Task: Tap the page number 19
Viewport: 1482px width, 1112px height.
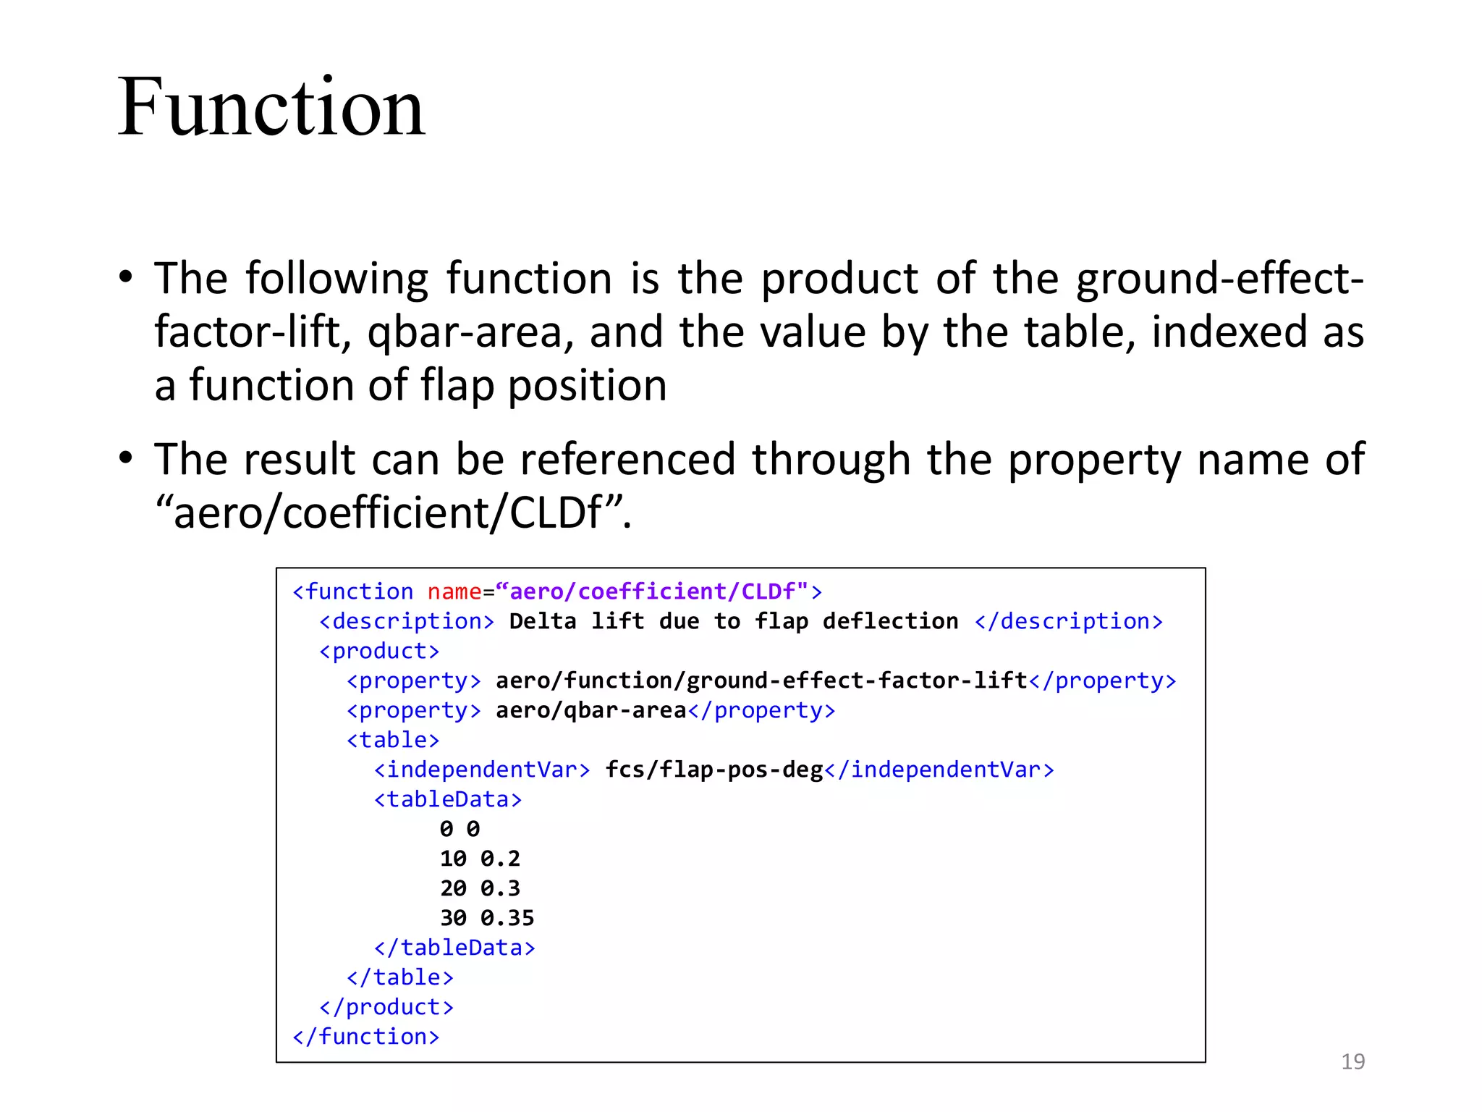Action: [x=1352, y=1061]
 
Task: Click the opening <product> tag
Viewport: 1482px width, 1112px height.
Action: [x=379, y=651]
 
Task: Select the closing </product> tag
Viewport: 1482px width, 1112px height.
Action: [x=386, y=1007]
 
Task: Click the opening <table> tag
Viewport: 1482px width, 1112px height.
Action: [x=393, y=740]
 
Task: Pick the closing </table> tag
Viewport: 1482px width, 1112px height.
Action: [x=400, y=977]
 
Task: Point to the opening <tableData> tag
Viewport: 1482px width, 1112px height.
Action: [x=448, y=799]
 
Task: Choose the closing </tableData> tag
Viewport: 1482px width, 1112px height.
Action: [x=454, y=948]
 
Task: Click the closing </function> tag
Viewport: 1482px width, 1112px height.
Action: [x=366, y=1037]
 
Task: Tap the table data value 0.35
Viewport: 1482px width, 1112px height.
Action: [x=507, y=918]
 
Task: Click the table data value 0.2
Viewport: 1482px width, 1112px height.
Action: [x=500, y=859]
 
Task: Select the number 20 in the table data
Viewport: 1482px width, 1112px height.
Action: [x=454, y=888]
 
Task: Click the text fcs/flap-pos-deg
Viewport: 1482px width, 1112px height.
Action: [x=714, y=770]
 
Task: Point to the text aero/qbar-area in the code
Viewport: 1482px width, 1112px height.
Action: [x=590, y=710]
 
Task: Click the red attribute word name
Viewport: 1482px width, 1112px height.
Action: [x=454, y=591]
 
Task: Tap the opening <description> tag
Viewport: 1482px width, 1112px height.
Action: [x=407, y=621]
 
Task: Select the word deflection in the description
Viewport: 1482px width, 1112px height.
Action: [x=890, y=621]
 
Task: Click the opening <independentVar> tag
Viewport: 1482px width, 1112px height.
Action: [x=482, y=770]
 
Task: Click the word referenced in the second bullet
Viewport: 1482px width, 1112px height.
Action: [x=627, y=460]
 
